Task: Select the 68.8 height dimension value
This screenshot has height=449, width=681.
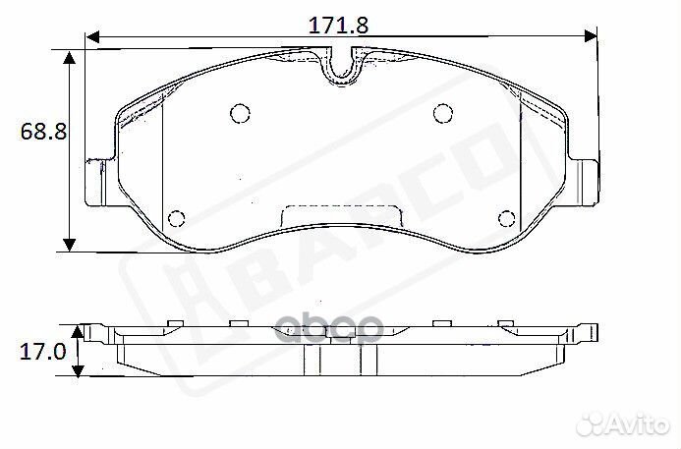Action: click(38, 131)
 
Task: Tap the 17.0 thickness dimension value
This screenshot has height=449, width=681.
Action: click(38, 351)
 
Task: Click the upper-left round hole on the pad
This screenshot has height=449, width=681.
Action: click(239, 114)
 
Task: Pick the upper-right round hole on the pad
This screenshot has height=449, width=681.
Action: click(441, 114)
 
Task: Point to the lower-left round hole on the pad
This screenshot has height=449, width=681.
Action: click(177, 218)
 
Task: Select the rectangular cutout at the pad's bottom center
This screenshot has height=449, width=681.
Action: click(341, 214)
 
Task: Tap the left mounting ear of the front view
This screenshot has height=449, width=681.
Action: click(98, 182)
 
